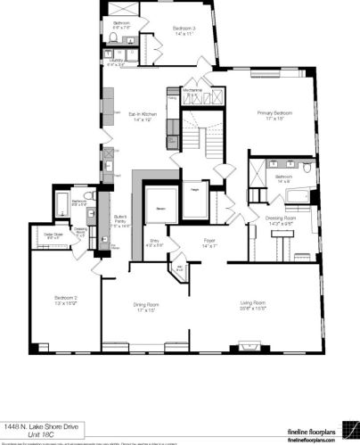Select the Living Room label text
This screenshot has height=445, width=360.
pos(254,306)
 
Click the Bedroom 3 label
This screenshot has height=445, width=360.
pos(184,29)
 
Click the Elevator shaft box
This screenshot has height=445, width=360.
pos(162,207)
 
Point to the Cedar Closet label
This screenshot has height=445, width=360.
pos(53,236)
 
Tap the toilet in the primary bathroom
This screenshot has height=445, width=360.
pos(306,167)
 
